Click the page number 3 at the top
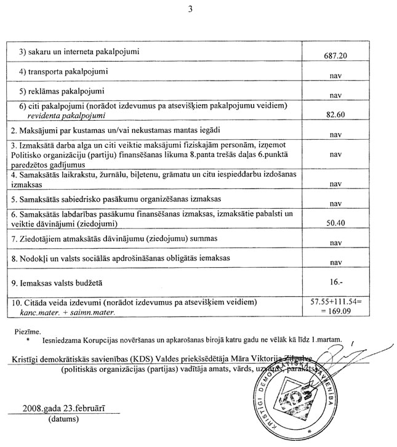(x=199, y=8)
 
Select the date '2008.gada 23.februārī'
(x=71, y=407)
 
